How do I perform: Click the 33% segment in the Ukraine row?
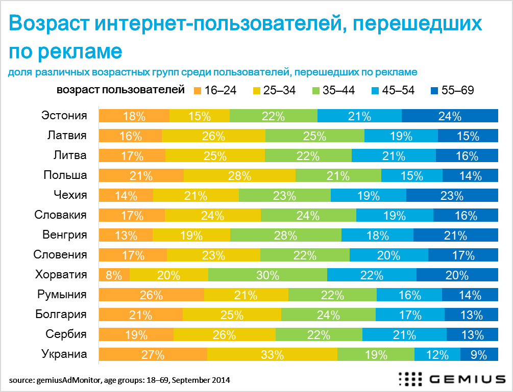point(272,355)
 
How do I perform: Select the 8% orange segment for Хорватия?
point(114,275)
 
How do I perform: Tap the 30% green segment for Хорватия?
point(267,275)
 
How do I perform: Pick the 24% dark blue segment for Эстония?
point(450,116)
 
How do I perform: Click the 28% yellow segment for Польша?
point(239,176)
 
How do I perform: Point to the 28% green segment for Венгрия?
point(286,236)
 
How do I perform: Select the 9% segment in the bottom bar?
point(479,355)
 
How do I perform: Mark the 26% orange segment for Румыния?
point(151,295)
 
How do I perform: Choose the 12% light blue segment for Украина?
point(437,355)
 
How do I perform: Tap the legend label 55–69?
point(457,91)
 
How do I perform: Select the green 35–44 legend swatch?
point(315,91)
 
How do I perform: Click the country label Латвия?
point(66,136)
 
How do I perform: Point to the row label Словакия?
point(60,215)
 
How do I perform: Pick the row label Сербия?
point(66,334)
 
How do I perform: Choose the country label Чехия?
point(70,195)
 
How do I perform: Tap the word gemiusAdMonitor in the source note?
point(65,380)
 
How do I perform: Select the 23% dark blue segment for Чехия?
point(452,196)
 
